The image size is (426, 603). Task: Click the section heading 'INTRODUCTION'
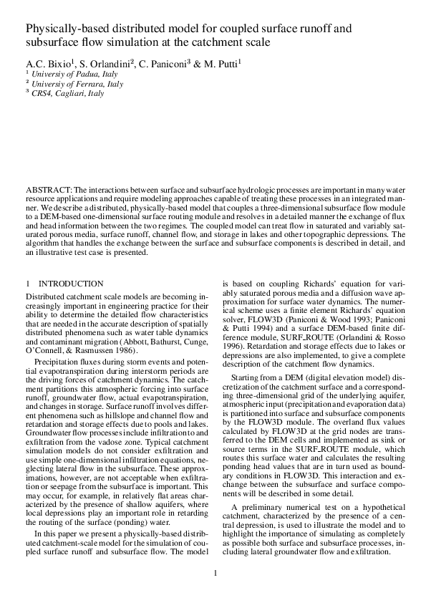(x=71, y=284)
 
